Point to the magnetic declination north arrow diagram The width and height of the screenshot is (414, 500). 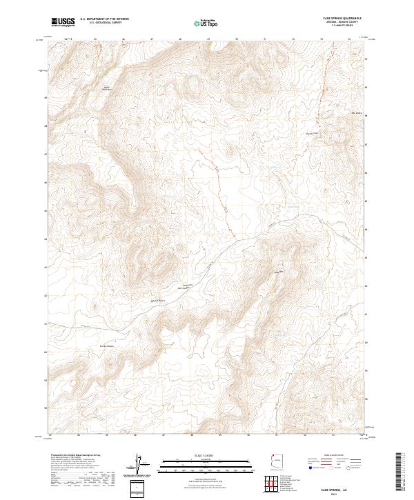[x=139, y=466]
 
